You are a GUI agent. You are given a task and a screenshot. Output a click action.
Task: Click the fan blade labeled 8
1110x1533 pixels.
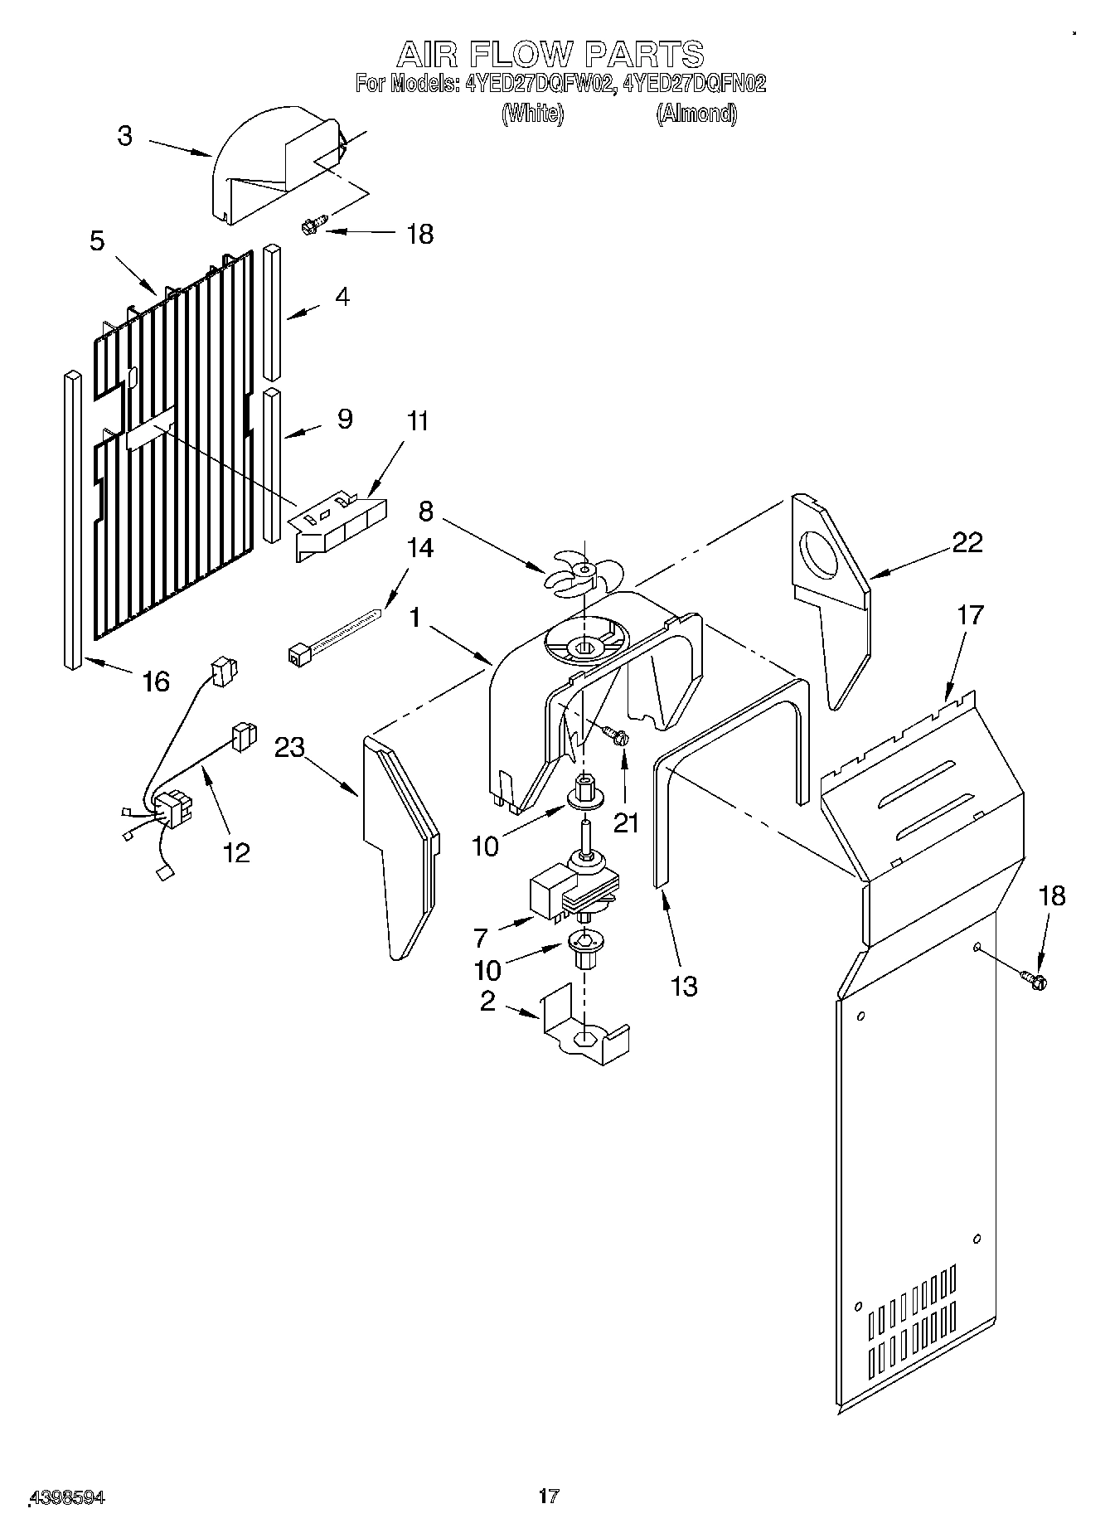(x=582, y=570)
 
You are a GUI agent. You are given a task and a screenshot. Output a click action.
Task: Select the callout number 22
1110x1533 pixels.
(x=967, y=543)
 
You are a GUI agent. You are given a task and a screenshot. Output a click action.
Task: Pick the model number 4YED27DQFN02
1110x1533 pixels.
(x=695, y=84)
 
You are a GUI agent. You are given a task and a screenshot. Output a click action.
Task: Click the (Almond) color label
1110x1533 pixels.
(x=696, y=114)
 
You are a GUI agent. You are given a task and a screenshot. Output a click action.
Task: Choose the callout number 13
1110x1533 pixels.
(x=683, y=987)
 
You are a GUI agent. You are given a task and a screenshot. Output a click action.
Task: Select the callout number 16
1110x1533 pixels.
(x=156, y=682)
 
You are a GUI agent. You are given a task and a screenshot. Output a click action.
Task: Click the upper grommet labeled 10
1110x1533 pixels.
(x=585, y=793)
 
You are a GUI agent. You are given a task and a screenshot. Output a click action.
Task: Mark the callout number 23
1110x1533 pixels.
(x=290, y=747)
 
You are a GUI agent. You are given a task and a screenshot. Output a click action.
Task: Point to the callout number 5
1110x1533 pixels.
(x=97, y=241)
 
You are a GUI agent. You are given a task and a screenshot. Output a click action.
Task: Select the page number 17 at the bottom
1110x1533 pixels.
(x=548, y=1497)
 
